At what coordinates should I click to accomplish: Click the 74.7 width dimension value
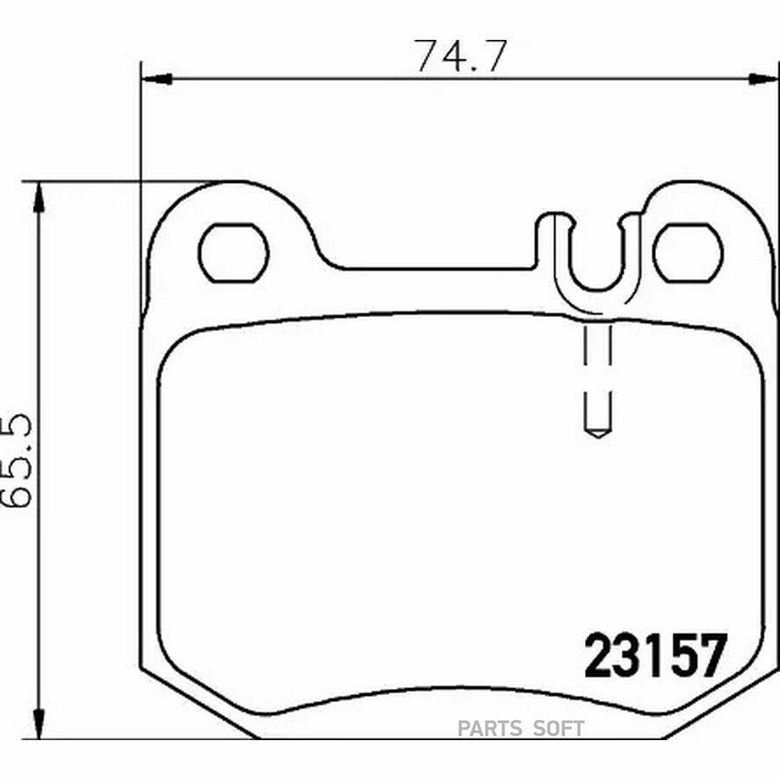point(462,55)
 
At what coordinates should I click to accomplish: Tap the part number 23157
point(655,656)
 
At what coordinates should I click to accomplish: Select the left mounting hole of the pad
point(233,253)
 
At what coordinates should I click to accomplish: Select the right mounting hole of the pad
point(688,253)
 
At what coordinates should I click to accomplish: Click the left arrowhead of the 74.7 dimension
point(157,79)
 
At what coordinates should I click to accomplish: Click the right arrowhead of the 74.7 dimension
point(764,79)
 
